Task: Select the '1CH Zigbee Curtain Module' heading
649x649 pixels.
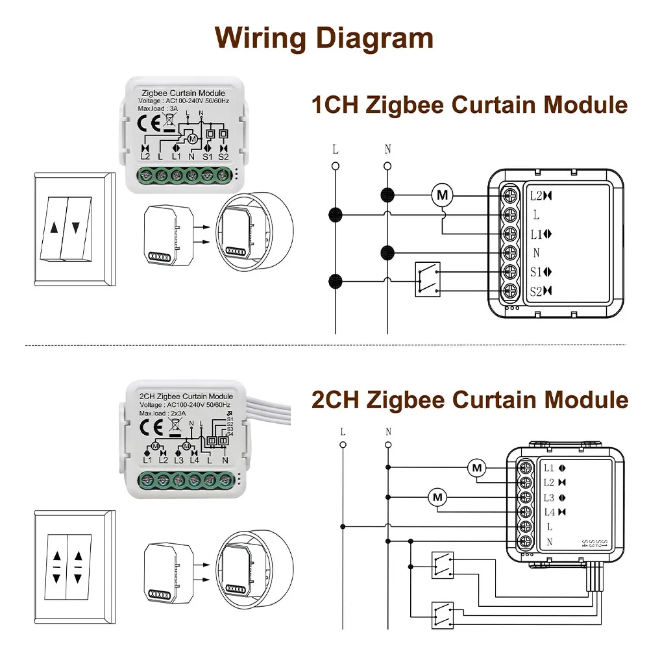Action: tap(470, 104)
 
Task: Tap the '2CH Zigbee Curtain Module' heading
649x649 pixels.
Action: tap(470, 399)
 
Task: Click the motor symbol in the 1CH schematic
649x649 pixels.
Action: tap(443, 194)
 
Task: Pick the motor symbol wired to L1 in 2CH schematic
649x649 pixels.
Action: tap(477, 467)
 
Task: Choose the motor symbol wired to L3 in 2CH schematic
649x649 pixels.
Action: tap(437, 498)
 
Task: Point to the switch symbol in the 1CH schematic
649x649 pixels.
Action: tap(427, 280)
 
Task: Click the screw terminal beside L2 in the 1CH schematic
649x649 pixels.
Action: tap(510, 195)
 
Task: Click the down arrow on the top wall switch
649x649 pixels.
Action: tap(77, 228)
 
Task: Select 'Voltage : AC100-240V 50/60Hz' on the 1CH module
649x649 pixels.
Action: tap(183, 101)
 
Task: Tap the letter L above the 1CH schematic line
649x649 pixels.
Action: tap(336, 149)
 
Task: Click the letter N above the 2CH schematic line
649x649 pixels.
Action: tap(388, 432)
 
